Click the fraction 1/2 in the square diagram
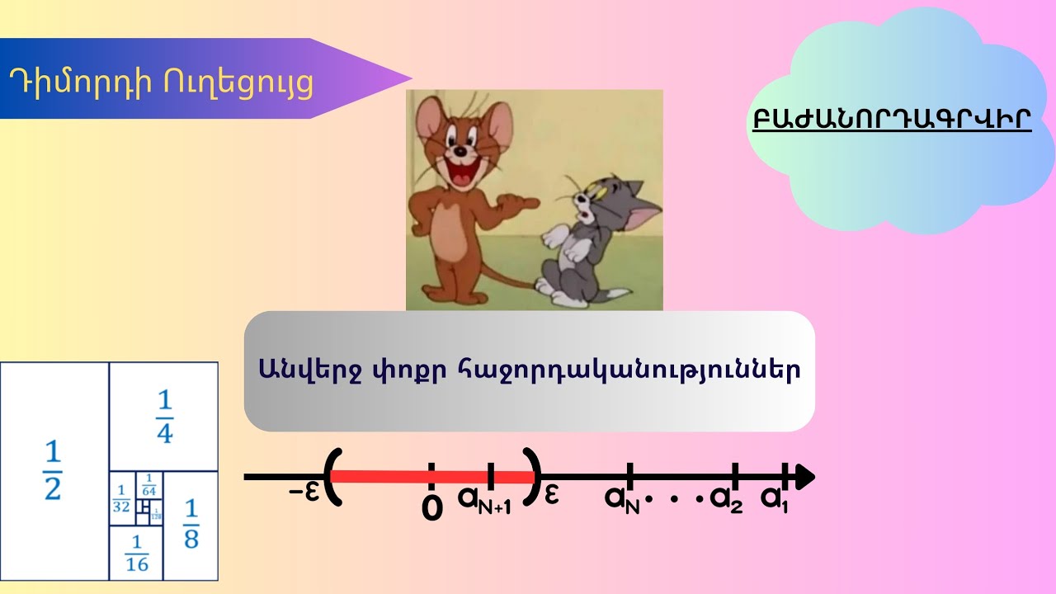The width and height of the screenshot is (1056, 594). (53, 471)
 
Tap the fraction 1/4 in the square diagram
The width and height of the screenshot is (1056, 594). (165, 417)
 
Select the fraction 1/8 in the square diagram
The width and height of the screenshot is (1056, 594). (191, 525)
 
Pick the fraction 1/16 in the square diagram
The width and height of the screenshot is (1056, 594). (136, 554)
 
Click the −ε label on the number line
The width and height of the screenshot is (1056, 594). (304, 492)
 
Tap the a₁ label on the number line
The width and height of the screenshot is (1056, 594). (775, 497)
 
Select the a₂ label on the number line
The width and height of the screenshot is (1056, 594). (726, 498)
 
